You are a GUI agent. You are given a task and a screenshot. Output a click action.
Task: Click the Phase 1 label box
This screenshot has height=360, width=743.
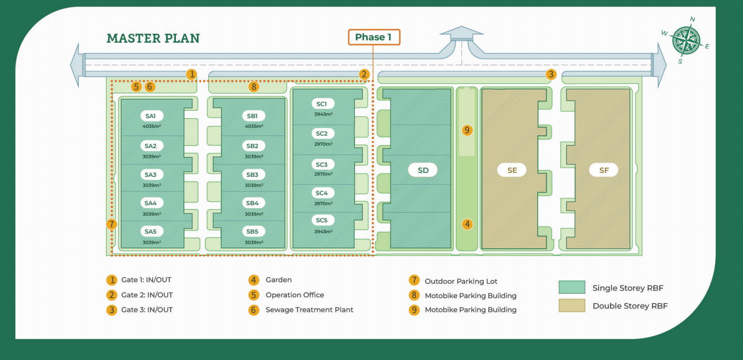374,37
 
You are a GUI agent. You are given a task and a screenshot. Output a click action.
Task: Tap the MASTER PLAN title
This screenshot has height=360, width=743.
153,38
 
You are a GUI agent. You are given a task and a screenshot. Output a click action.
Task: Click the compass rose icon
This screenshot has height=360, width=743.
686,41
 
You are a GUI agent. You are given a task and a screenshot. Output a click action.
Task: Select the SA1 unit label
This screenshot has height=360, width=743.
151,116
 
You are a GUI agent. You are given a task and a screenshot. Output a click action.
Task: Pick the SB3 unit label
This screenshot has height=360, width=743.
252,174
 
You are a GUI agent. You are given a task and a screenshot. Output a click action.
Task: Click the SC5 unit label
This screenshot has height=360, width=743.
322,221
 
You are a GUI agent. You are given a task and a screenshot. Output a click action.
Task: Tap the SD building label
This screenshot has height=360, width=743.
423,170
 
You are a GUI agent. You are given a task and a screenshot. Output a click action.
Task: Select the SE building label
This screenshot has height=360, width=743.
512,170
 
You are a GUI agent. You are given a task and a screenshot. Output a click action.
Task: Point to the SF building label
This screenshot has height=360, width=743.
604,170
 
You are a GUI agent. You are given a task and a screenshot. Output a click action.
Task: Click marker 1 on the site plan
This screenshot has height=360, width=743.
192,74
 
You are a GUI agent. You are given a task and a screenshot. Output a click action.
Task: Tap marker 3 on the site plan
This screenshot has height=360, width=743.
551,74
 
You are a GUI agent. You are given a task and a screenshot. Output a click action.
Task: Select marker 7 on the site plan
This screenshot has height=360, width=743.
112,224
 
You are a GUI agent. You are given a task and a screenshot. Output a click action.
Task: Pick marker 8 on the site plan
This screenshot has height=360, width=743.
253,87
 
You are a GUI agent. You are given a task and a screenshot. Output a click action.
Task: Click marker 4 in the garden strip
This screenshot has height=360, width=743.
467,224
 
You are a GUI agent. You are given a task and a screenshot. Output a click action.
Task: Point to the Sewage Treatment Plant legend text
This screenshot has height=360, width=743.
309,310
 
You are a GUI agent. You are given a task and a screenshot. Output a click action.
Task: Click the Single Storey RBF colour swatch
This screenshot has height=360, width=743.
571,288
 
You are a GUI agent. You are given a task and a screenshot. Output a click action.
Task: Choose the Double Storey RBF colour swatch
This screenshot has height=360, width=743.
571,306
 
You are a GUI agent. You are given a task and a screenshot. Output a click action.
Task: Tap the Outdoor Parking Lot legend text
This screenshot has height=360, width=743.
461,281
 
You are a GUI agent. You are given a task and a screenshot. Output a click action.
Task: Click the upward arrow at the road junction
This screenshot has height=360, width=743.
461,33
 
